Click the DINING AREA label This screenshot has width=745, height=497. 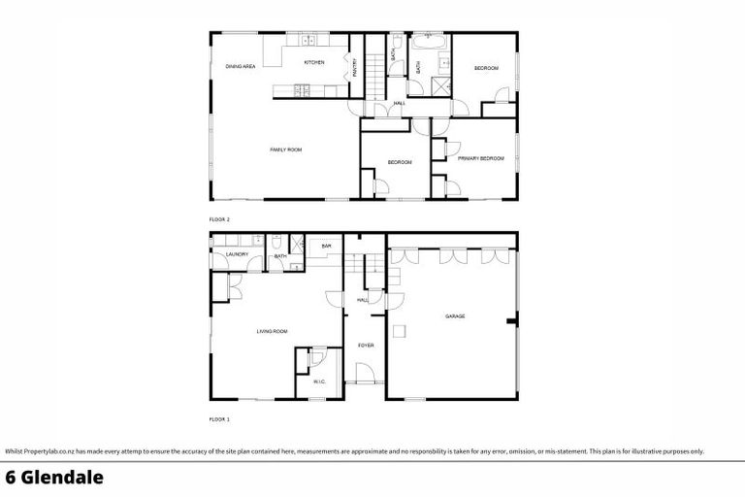pos(240,66)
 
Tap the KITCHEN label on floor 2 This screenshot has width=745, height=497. pos(313,63)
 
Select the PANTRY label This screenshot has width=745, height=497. pos(355,67)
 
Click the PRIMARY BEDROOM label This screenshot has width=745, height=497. pos(480,158)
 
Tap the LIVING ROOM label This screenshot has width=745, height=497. pos(273,332)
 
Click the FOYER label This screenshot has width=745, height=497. pos(366,345)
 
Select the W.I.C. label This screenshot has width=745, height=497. pos(319,381)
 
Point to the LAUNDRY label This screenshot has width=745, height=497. pos(238,254)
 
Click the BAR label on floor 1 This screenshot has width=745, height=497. pos(327,247)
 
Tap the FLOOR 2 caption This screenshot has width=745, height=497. pos(219,219)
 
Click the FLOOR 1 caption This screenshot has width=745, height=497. pos(219,418)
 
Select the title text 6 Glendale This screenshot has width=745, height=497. pos(53,477)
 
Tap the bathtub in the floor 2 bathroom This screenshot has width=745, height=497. pos(428,44)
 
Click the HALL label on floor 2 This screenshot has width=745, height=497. pos(399,104)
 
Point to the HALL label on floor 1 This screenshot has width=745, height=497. pos(362,300)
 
